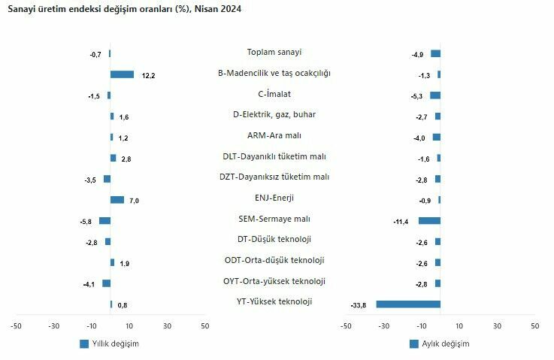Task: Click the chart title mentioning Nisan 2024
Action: coord(125,9)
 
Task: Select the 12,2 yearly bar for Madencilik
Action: coord(122,74)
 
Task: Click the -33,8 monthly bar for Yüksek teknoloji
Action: coord(408,304)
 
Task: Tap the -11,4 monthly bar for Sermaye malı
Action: coord(429,220)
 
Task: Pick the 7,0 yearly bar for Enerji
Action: coord(117,200)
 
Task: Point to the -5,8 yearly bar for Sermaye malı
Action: coord(104,220)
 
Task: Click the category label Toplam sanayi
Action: coord(274,52)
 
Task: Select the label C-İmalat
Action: coord(274,94)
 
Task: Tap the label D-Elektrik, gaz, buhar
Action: coord(274,114)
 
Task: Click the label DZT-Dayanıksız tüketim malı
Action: coord(274,177)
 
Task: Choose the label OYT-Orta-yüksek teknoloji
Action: coord(274,281)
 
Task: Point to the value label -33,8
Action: coord(359,304)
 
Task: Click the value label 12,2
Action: coord(147,76)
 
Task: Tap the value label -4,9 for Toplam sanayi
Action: coord(418,55)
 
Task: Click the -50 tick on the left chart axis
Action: coord(16,325)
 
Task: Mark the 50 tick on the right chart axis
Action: coord(534,325)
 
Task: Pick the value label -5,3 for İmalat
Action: coord(418,96)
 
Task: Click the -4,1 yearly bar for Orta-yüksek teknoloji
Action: coord(106,283)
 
